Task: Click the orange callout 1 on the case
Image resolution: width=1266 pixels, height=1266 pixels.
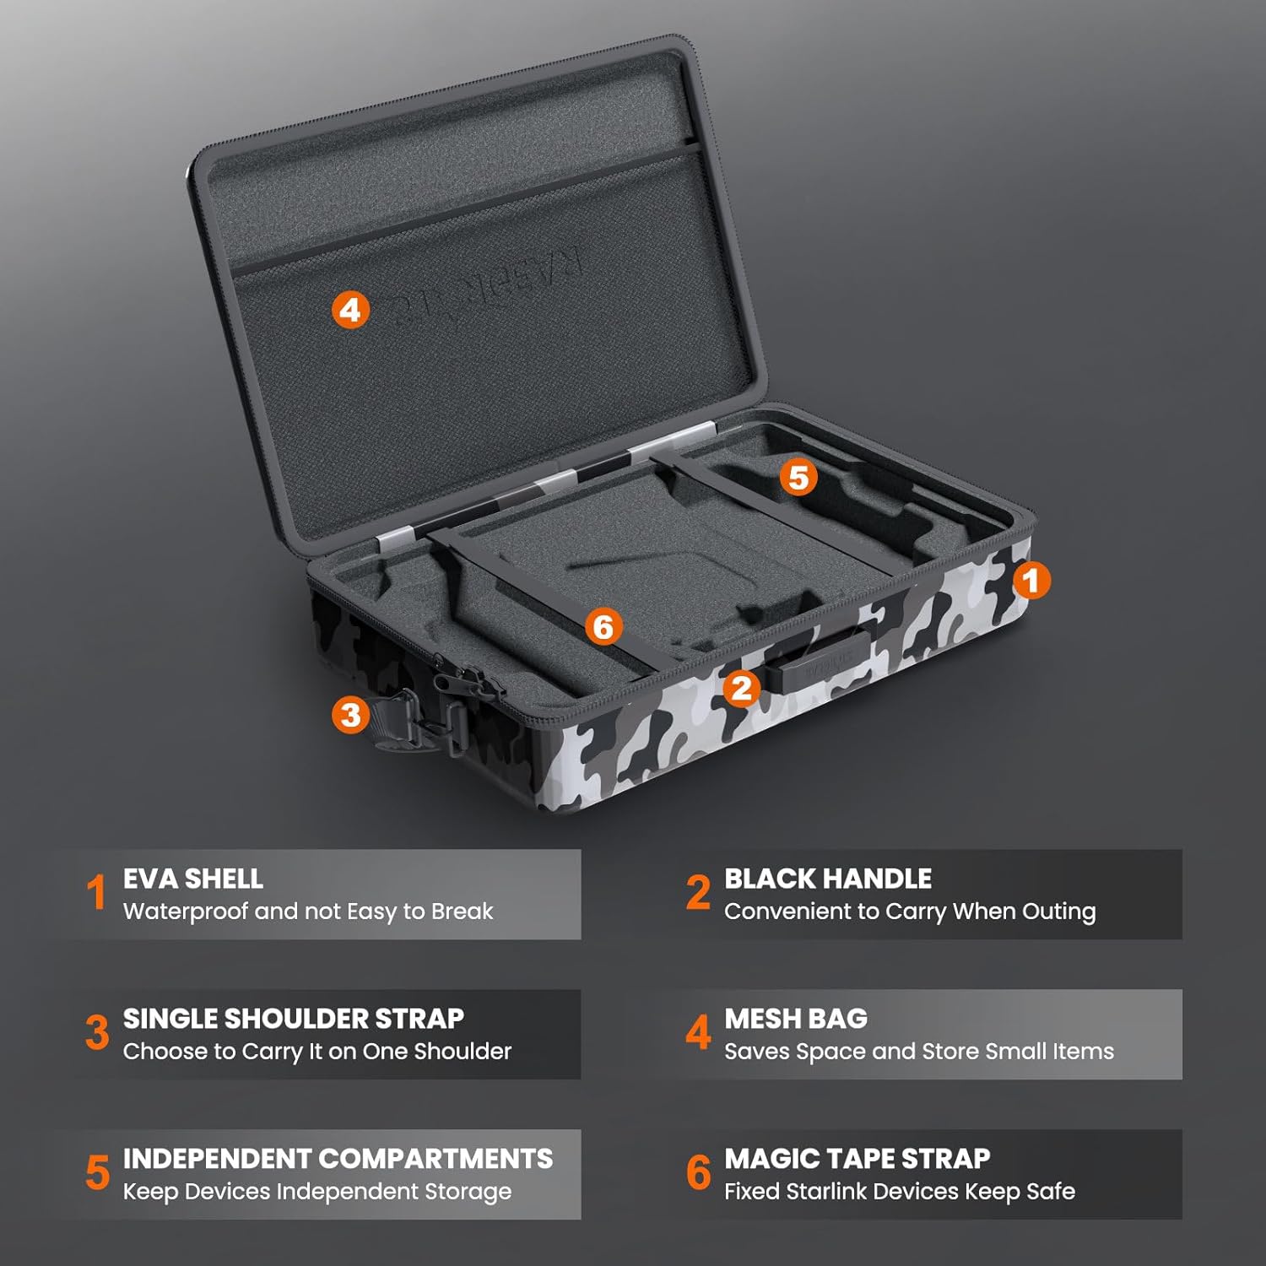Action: click(x=1031, y=581)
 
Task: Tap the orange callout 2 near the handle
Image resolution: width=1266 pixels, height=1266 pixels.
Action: click(x=742, y=688)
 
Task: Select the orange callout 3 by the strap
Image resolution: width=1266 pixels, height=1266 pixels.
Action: click(x=350, y=715)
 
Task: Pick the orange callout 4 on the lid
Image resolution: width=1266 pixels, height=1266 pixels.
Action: click(x=350, y=310)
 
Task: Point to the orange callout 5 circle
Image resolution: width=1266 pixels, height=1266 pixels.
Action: click(x=798, y=478)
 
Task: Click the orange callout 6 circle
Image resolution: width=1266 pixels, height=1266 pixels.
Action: click(x=603, y=626)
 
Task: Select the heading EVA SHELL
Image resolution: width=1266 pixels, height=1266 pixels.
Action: click(x=193, y=879)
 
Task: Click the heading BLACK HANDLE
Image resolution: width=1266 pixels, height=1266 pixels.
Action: click(x=828, y=879)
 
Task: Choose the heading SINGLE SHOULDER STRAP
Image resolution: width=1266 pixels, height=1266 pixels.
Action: click(x=294, y=1019)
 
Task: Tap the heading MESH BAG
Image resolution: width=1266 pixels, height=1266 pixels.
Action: click(x=796, y=1019)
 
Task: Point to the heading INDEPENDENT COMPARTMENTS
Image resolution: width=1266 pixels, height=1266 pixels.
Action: click(x=338, y=1159)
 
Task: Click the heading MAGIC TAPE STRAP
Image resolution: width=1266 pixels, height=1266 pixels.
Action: click(x=857, y=1159)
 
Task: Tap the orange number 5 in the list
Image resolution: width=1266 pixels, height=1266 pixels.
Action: click(x=98, y=1173)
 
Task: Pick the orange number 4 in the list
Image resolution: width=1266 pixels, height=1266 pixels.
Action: click(x=698, y=1032)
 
